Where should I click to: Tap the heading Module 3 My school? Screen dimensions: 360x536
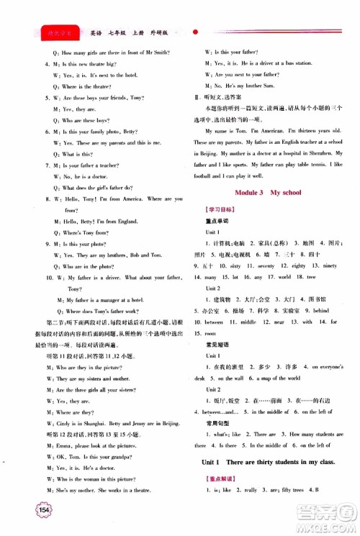(269, 192)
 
